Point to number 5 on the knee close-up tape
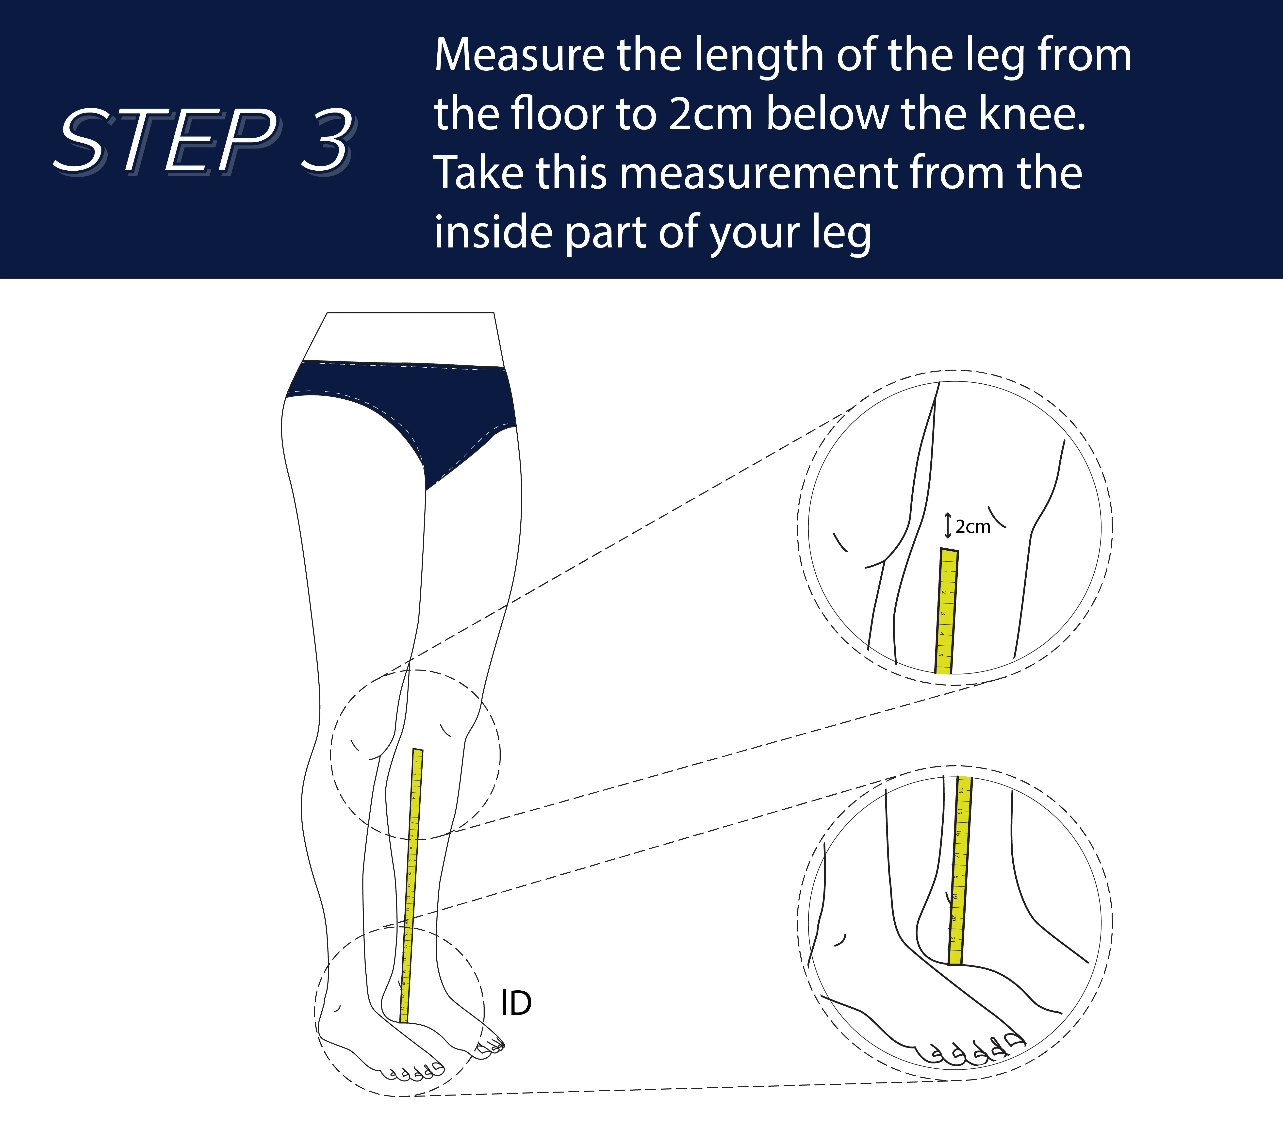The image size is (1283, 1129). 940,654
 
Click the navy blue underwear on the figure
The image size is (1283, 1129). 402,402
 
